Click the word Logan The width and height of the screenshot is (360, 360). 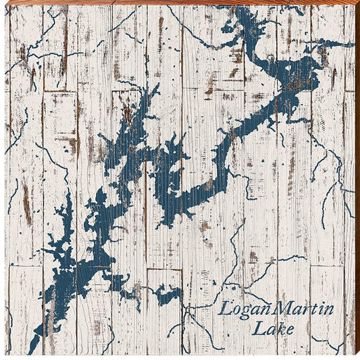pos(246,311)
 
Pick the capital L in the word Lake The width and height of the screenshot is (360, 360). pos(258,329)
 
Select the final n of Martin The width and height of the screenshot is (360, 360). pos(330,311)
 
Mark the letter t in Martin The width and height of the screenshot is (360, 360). pos(315,310)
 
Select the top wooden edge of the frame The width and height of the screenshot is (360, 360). pos(180,3)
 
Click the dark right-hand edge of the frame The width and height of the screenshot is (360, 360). pos(357,180)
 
